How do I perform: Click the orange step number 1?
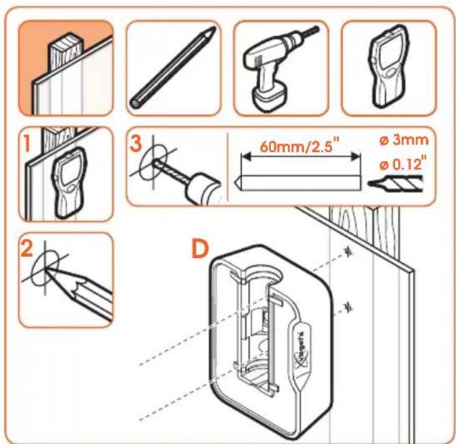tap(27, 144)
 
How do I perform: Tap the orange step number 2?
tap(27, 248)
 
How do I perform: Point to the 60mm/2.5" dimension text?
tap(299, 145)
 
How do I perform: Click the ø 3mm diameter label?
tap(404, 140)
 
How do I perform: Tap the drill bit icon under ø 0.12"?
tap(395, 184)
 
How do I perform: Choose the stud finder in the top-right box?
tap(388, 66)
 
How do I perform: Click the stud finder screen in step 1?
tap(70, 171)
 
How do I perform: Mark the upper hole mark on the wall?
tap(348, 251)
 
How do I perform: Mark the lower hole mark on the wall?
tap(348, 307)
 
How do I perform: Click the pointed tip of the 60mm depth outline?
tap(235, 183)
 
